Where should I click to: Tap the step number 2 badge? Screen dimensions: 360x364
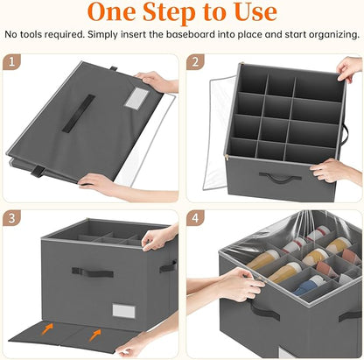[199, 64]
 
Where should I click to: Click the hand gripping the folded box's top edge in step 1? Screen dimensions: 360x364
[159, 81]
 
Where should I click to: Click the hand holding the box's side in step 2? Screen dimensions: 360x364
[335, 169]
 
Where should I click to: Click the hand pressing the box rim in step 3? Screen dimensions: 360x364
[159, 237]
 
